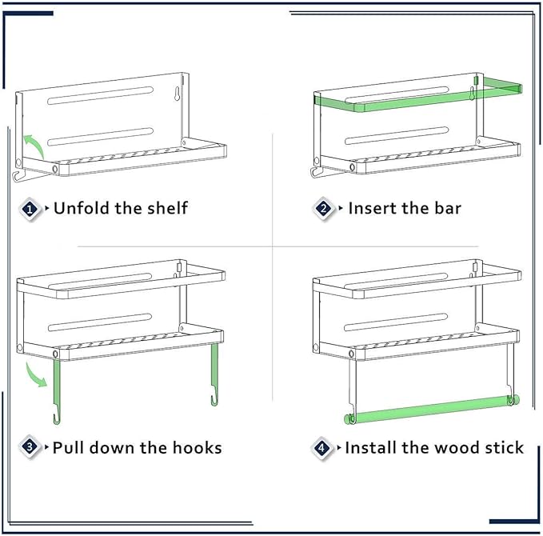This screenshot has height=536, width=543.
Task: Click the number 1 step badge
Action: click(x=30, y=209)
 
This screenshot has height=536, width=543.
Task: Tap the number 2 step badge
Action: click(x=324, y=209)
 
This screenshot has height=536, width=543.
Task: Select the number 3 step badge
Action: click(x=30, y=447)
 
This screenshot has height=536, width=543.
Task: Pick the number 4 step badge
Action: click(x=321, y=448)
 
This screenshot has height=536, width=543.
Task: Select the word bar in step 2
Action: click(x=448, y=208)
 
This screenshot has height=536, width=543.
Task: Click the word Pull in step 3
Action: click(x=67, y=447)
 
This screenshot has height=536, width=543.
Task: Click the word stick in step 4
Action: click(x=504, y=447)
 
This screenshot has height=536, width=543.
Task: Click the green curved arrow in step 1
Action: click(x=34, y=143)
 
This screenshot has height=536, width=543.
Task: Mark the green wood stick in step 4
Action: click(x=432, y=409)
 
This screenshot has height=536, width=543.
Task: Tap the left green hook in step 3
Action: click(x=57, y=391)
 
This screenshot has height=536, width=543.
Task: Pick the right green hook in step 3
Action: click(x=214, y=374)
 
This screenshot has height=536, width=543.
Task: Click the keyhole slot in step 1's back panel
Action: click(x=178, y=94)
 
